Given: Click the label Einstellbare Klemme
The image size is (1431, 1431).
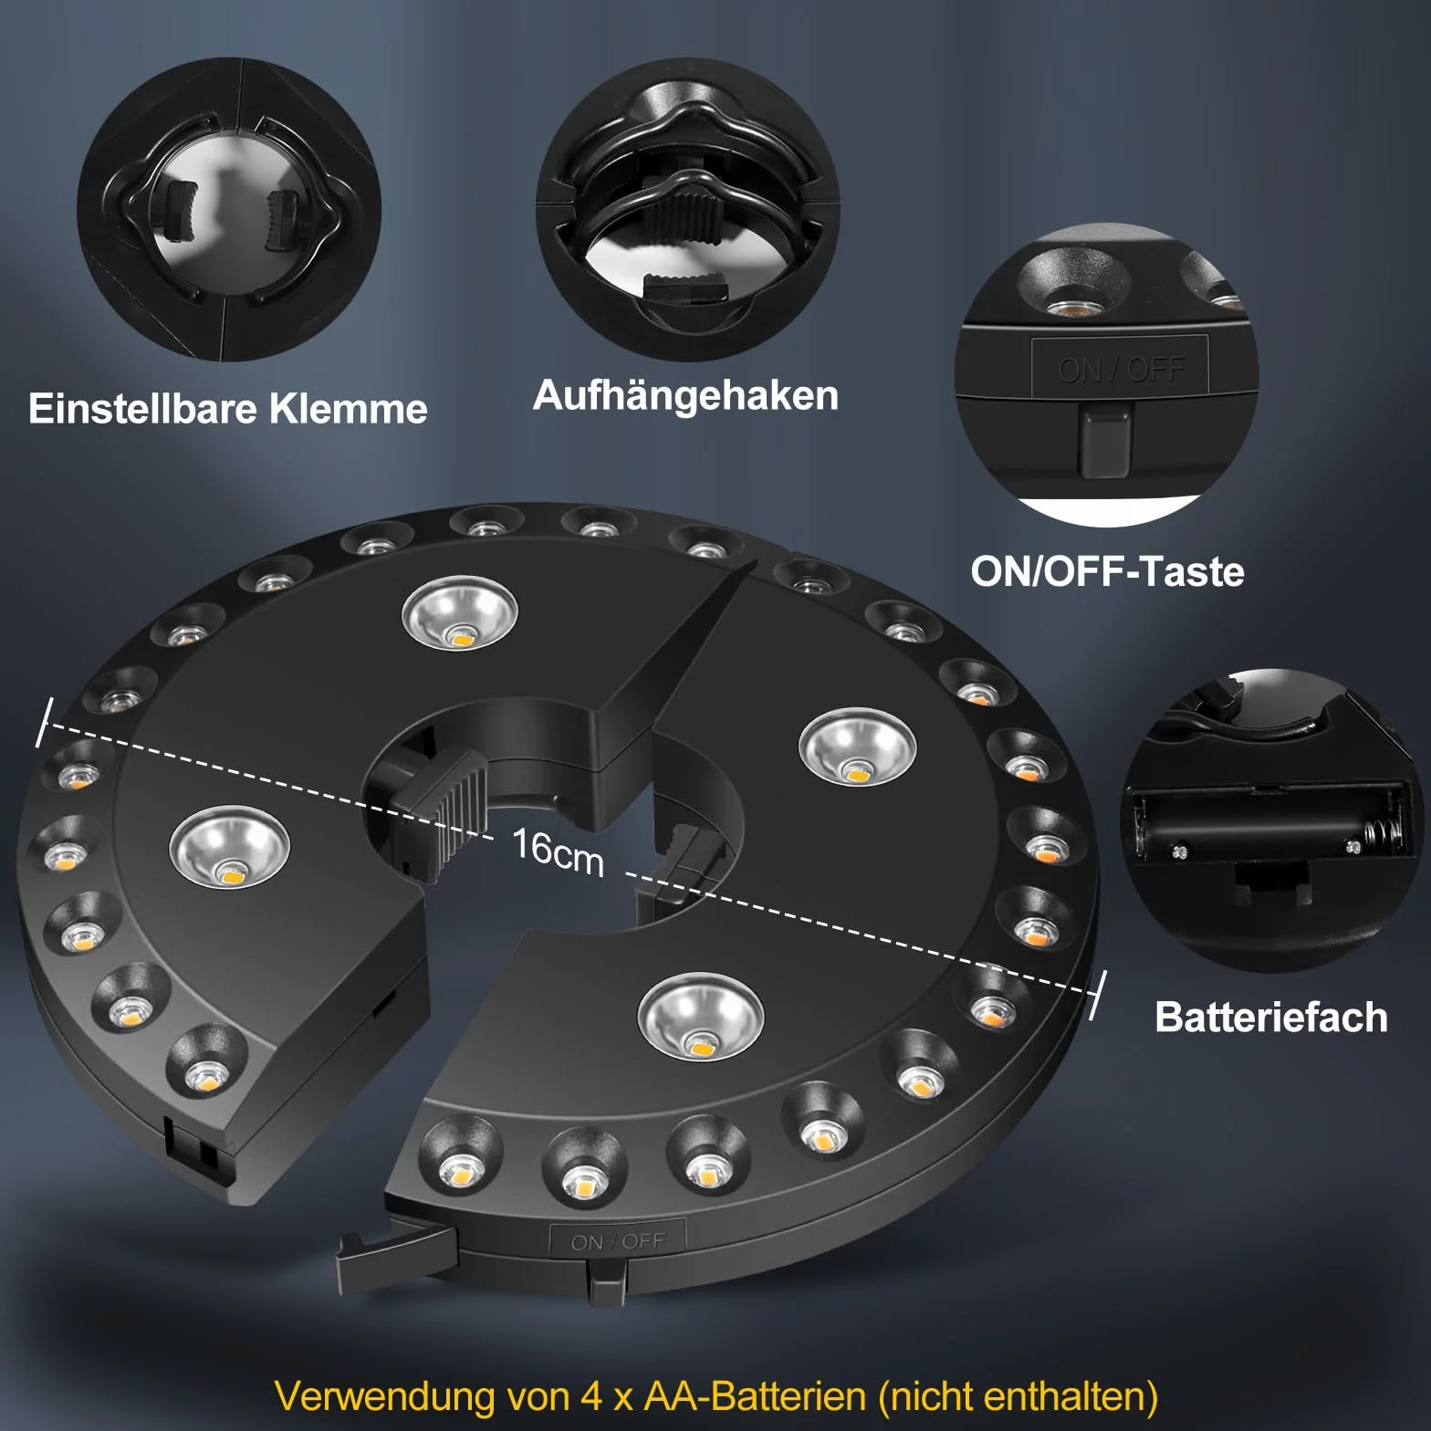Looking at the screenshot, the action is pyautogui.click(x=228, y=409).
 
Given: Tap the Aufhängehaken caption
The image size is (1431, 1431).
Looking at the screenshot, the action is pyautogui.click(x=685, y=396).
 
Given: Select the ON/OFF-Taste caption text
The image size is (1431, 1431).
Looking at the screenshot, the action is pyautogui.click(x=1107, y=571).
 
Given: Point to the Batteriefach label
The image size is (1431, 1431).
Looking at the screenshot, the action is pyautogui.click(x=1270, y=1017).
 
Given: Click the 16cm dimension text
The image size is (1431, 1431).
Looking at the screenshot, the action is pyautogui.click(x=558, y=852).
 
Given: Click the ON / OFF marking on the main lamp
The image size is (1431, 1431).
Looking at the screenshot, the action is pyautogui.click(x=618, y=1242).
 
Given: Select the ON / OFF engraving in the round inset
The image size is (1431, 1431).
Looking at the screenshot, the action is pyautogui.click(x=1121, y=369).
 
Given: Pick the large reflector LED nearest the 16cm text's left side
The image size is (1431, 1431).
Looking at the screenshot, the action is pyautogui.click(x=229, y=852).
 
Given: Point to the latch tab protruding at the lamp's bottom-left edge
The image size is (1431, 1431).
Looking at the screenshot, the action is pyautogui.click(x=397, y=1248).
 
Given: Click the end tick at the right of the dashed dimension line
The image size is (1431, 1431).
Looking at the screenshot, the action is pyautogui.click(x=1098, y=996).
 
